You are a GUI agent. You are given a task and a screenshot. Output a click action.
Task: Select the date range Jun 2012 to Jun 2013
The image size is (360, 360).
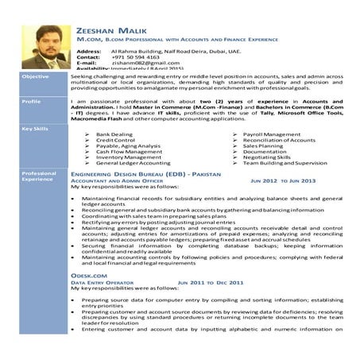pos(283,180)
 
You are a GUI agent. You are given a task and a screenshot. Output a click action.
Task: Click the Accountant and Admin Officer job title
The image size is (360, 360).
pos(116,180)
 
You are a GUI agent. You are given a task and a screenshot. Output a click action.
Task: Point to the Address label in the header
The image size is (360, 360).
pos(89,49)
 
